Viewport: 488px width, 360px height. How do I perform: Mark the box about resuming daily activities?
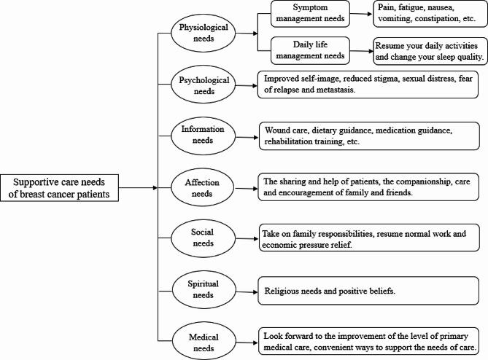click(x=427, y=50)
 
